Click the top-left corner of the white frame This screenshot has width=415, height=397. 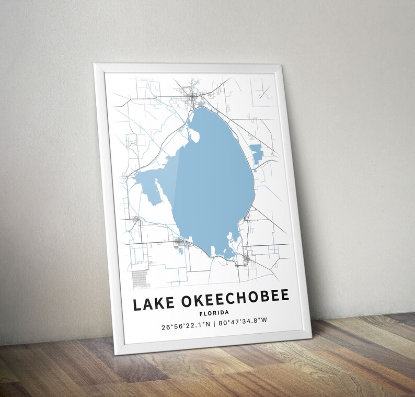coord(95,65)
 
